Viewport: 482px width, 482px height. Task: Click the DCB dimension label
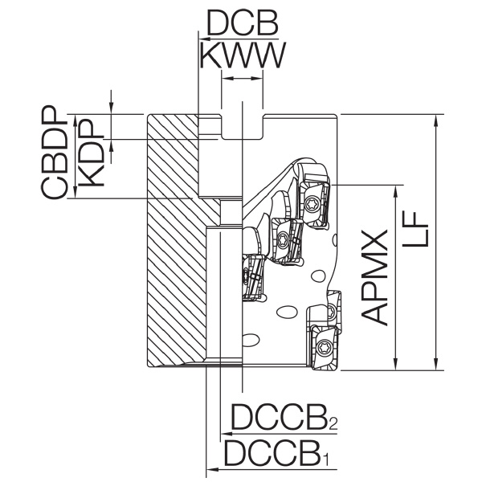click(x=243, y=23)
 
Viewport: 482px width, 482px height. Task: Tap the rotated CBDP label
click(x=55, y=153)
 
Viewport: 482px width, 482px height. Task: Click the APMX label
click(x=374, y=278)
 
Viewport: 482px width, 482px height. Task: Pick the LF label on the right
click(x=415, y=229)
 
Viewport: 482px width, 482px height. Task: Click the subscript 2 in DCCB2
click(x=333, y=423)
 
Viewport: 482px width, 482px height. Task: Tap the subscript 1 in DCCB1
click(x=326, y=459)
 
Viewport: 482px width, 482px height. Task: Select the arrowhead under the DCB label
click(x=205, y=39)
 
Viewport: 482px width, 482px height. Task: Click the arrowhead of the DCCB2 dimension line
click(x=227, y=434)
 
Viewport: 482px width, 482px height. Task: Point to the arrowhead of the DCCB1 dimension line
click(x=212, y=469)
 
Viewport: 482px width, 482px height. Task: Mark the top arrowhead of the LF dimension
click(x=435, y=120)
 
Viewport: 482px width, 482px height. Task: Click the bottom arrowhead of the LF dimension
click(x=435, y=364)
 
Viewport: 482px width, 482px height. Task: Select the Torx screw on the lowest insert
click(x=324, y=348)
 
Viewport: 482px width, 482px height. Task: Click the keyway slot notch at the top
click(x=243, y=127)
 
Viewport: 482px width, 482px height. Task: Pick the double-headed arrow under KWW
click(x=242, y=79)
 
